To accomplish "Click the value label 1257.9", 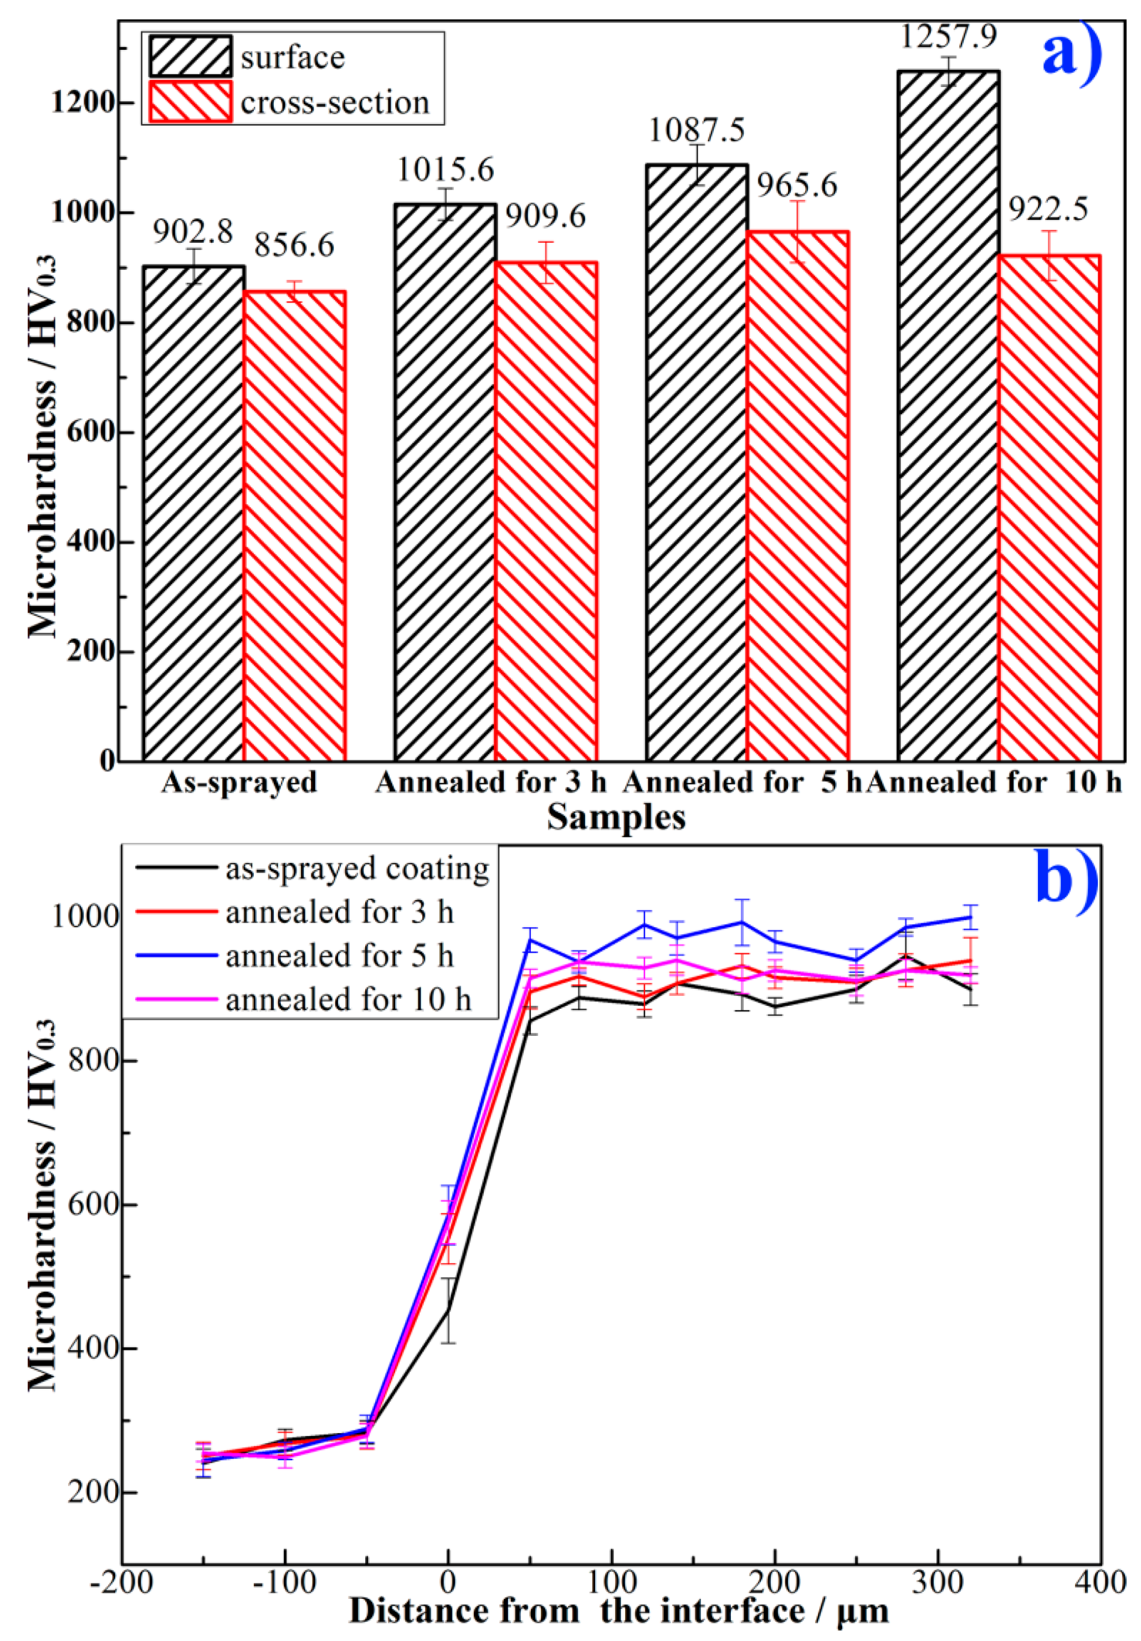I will click(948, 37).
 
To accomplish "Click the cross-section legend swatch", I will click(190, 101).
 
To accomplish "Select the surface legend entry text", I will click(292, 57).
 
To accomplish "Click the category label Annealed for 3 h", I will click(491, 782).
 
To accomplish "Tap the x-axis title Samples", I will click(616, 817).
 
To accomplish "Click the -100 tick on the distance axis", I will click(284, 1582).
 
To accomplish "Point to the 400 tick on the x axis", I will click(1099, 1582).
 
